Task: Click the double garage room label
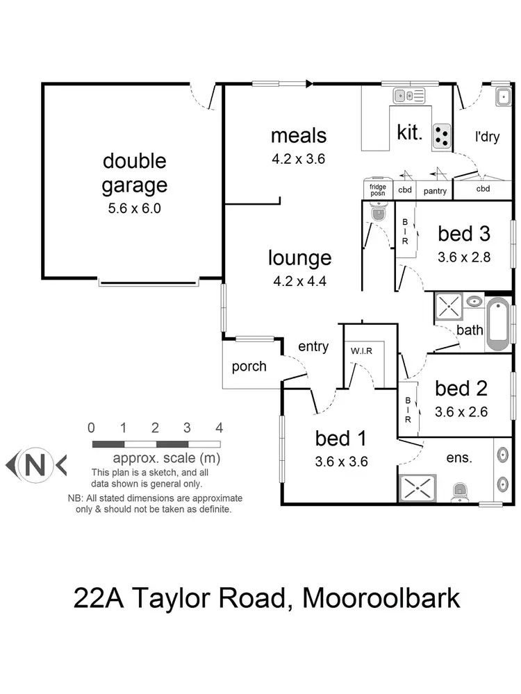tap(135, 173)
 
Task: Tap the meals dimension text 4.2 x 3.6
tap(299, 158)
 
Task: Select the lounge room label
tap(300, 258)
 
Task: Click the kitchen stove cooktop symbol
tap(441, 136)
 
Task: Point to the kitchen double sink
tap(408, 96)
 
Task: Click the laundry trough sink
tap(503, 97)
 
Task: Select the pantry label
tap(434, 189)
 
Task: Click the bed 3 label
tap(464, 233)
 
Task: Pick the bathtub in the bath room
tap(498, 325)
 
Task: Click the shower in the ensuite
tap(417, 487)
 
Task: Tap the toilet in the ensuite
tap(460, 492)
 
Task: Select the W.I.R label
tap(361, 350)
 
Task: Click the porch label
tap(249, 366)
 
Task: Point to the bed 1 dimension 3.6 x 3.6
tap(341, 462)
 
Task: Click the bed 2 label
tap(461, 388)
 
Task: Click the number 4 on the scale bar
tap(219, 427)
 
